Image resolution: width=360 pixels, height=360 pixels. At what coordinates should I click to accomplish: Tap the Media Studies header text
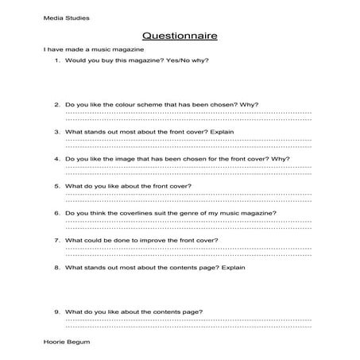pos(67,17)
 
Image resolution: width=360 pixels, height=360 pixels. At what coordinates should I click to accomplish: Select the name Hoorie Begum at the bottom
pos(68,340)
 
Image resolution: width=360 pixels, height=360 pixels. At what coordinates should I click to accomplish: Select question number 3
pos(57,131)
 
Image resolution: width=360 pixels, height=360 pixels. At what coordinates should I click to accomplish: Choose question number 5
pos(57,186)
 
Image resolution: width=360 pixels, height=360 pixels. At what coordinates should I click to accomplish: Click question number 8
pos(57,268)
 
